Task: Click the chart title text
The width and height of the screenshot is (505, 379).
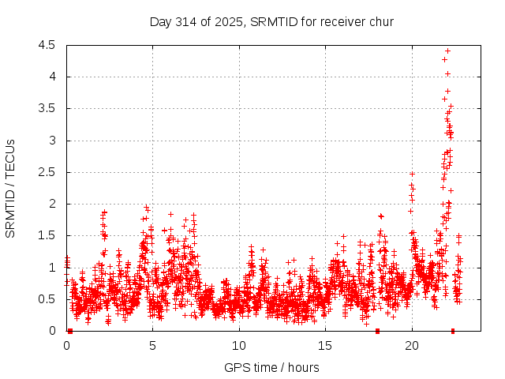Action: point(271,21)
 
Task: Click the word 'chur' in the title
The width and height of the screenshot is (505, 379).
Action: point(380,21)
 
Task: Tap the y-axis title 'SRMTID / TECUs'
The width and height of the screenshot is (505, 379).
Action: point(11,188)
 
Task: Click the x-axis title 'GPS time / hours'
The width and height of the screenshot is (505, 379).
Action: point(271,367)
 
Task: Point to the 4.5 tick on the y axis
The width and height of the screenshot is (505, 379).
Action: point(50,45)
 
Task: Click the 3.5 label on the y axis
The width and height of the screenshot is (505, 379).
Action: point(50,108)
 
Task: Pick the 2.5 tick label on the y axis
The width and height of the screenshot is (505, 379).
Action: point(50,172)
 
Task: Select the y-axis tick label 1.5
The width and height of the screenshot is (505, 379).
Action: point(50,235)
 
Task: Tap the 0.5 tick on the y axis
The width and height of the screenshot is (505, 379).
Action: point(50,299)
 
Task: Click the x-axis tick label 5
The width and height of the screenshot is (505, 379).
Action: point(153,345)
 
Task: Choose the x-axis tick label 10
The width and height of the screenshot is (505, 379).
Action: point(239,345)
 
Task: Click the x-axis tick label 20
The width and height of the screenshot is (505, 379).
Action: point(412,345)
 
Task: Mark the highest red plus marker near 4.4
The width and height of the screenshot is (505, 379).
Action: point(447,51)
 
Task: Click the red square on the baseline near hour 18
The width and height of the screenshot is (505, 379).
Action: point(377,331)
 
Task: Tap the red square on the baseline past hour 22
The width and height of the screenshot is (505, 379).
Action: point(453,331)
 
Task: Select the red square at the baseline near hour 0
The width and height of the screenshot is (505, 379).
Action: point(70,331)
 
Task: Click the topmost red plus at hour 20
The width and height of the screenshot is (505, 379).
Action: point(412,174)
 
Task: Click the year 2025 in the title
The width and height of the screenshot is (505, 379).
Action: point(230,21)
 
